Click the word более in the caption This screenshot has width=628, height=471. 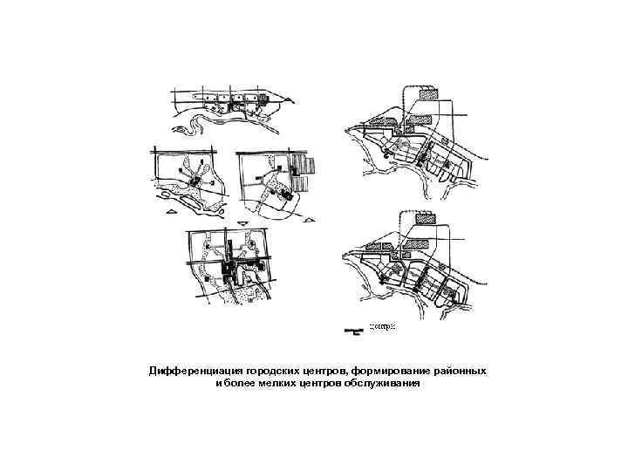pos(237,383)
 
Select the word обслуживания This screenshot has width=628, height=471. pos(380,383)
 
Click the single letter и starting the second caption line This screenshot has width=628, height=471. pos(218,383)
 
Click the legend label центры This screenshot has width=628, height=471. pos(383,326)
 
